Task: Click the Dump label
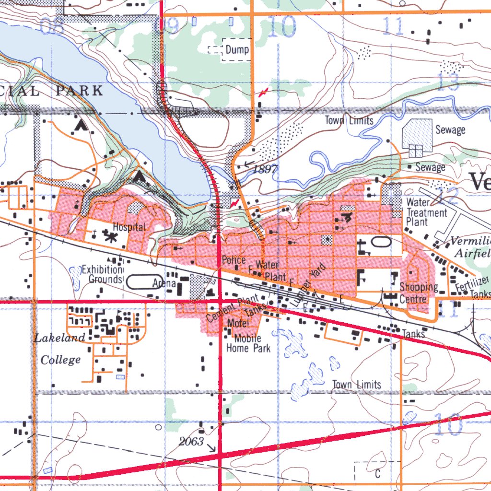tap(237, 49)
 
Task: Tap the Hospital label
tap(129, 227)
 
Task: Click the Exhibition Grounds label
tap(102, 274)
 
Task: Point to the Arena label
tap(164, 283)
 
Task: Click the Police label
tap(234, 260)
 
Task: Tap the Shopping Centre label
tap(419, 293)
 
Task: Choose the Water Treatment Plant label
tap(426, 212)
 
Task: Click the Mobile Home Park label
tap(248, 343)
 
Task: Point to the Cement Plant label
tap(233, 309)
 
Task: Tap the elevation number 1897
tap(266, 169)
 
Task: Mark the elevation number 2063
tap(192, 442)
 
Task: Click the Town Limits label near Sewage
tap(349, 120)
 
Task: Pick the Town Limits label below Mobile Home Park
tap(356, 385)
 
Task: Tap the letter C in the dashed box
tap(377, 474)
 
